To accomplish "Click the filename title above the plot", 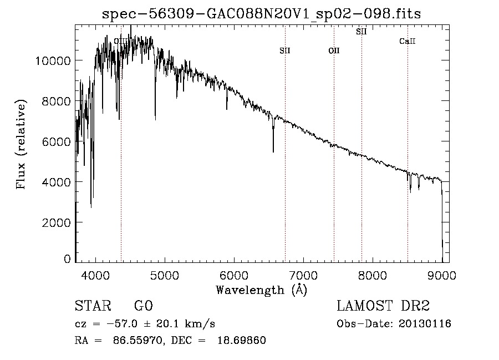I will [x=262, y=14].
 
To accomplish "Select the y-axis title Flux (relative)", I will [x=22, y=145].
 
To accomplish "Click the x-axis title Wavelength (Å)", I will [x=261, y=290].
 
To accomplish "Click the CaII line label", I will [x=408, y=42].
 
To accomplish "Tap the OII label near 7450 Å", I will [x=334, y=51].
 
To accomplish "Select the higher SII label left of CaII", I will [x=361, y=32].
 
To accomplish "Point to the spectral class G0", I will [x=143, y=306].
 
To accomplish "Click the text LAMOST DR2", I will [x=383, y=306].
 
